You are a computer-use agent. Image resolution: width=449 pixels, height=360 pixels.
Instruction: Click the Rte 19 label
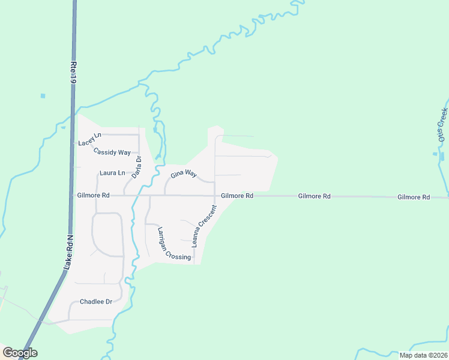pyautogui.click(x=74, y=71)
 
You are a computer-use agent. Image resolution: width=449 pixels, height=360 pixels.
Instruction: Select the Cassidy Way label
pyautogui.click(x=112, y=152)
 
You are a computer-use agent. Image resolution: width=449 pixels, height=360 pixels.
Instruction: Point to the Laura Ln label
pyautogui.click(x=112, y=173)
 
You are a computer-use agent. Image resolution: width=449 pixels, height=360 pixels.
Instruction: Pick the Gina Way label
pyautogui.click(x=184, y=174)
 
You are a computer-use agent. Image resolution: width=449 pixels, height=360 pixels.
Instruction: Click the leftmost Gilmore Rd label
pyautogui.click(x=93, y=195)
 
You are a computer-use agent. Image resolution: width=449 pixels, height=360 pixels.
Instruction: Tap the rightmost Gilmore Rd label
pyautogui.click(x=413, y=197)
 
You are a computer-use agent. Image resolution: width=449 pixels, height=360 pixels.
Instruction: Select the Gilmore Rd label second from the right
pyautogui.click(x=315, y=196)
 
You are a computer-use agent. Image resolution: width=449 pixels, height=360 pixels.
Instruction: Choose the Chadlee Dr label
pyautogui.click(x=96, y=301)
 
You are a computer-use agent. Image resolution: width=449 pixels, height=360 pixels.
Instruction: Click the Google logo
pyautogui.click(x=20, y=353)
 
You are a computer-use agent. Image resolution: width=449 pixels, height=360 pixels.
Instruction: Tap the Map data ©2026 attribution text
pyautogui.click(x=423, y=355)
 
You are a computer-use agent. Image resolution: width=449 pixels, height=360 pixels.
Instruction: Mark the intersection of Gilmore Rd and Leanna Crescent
pyautogui.click(x=215, y=196)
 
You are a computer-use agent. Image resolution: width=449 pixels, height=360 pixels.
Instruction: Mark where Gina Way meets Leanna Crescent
pyautogui.click(x=215, y=181)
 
